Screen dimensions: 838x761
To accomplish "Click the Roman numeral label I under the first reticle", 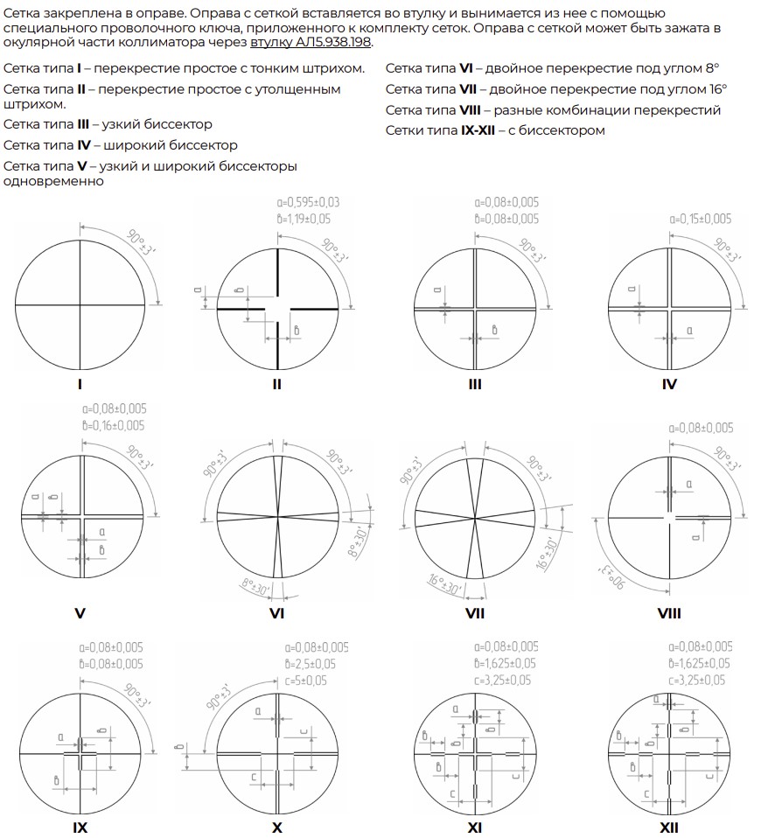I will [80, 383].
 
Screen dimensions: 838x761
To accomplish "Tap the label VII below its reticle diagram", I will [475, 613].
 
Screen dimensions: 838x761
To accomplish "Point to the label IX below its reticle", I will [80, 828].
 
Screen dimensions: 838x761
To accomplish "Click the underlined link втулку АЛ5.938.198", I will [311, 43].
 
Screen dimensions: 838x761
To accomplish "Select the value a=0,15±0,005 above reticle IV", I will [700, 219].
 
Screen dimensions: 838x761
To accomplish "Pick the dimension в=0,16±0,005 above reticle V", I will [114, 425].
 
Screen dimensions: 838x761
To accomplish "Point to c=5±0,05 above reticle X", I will [310, 681].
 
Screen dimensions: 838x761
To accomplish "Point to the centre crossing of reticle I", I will [80, 304].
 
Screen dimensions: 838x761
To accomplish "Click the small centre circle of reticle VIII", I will [669, 518].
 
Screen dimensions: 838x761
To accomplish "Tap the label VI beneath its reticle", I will [276, 613].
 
